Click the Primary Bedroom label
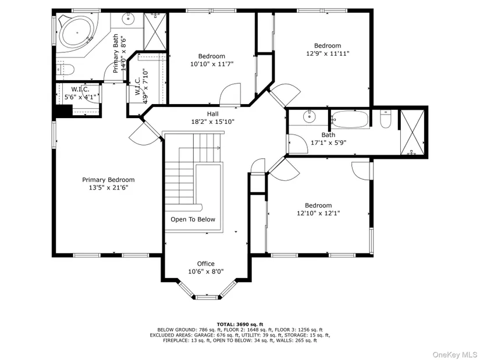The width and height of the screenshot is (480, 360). click(x=108, y=180)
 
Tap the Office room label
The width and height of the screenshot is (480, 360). click(x=206, y=263)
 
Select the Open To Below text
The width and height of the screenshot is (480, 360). click(x=193, y=219)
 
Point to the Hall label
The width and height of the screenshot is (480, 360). click(x=213, y=114)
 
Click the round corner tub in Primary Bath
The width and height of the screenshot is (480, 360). click(x=77, y=33)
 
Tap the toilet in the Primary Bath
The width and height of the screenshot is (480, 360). click(x=66, y=69)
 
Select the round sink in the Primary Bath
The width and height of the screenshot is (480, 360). click(x=127, y=20)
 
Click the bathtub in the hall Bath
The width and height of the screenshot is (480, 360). click(x=350, y=119)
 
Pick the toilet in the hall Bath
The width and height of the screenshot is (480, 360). click(x=385, y=119)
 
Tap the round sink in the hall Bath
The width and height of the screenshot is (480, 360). click(x=309, y=116)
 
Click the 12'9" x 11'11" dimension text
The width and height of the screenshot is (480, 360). click(x=328, y=54)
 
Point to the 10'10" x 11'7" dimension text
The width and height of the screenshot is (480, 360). click(x=212, y=64)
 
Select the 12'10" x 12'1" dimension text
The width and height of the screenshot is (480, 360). click(x=318, y=213)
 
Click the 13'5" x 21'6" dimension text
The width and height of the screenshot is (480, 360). click(x=108, y=188)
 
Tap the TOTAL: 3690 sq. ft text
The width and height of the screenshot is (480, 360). click(x=240, y=324)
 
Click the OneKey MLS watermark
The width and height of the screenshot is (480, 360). click(x=454, y=355)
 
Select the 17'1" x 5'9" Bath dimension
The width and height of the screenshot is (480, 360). click(x=329, y=142)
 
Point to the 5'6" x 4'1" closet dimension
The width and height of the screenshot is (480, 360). click(x=80, y=97)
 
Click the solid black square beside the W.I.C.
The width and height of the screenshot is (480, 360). click(x=63, y=111)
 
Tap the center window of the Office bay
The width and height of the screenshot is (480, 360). click(x=208, y=297)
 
